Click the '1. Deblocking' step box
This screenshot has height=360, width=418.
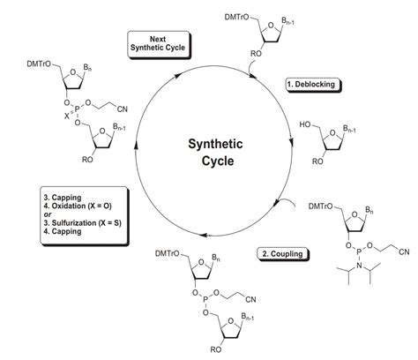pos(314,86)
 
